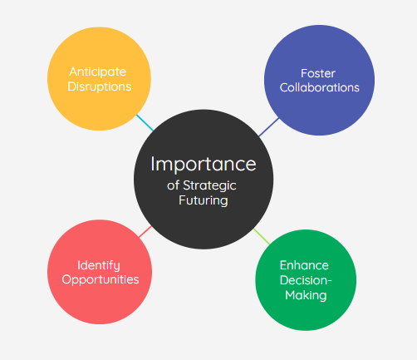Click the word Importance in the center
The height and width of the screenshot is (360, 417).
(x=204, y=165)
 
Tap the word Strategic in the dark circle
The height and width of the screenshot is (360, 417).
(x=209, y=186)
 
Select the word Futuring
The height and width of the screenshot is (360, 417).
(x=204, y=200)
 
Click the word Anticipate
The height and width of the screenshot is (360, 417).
(x=98, y=72)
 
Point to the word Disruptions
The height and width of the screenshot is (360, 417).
(x=100, y=86)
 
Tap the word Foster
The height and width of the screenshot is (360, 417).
(x=318, y=73)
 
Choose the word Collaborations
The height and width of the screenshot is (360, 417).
(x=320, y=87)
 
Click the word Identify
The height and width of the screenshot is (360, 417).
(x=99, y=265)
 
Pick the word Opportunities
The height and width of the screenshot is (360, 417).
(x=101, y=279)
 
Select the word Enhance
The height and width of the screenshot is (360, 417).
(x=304, y=265)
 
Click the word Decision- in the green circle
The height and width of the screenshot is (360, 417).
(x=306, y=280)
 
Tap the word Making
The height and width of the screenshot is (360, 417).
(x=306, y=295)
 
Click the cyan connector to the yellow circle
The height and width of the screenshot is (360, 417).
(x=145, y=123)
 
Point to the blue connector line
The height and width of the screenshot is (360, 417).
(x=269, y=127)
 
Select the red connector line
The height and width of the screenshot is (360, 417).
(x=145, y=232)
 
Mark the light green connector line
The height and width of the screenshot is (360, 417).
(x=262, y=236)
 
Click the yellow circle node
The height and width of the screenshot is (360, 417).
(x=99, y=79)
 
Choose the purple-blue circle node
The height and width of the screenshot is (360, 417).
(x=319, y=80)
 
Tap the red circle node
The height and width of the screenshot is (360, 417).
(x=100, y=272)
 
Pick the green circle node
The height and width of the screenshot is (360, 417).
(x=306, y=280)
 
